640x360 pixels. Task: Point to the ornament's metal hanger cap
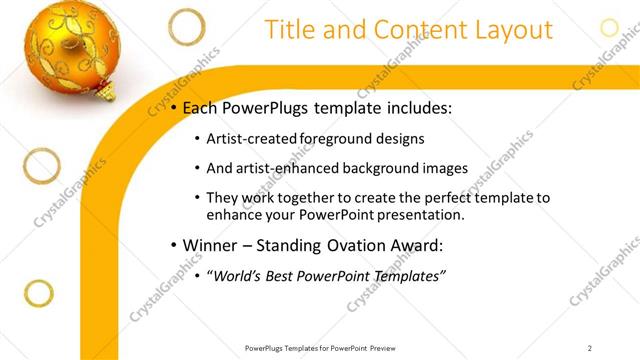tap(103, 92)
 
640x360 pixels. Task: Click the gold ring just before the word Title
tap(186, 27)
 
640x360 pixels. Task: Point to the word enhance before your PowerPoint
tap(233, 215)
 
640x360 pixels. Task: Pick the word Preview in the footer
tap(385, 348)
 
